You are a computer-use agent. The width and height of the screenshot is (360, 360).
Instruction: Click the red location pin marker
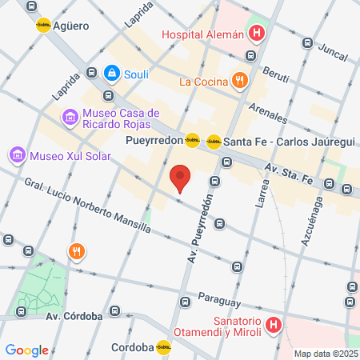tap(182, 178)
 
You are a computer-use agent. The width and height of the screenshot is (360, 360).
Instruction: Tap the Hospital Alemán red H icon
tap(257, 34)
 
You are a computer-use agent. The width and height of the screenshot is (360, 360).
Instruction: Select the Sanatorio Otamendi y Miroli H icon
tap(274, 325)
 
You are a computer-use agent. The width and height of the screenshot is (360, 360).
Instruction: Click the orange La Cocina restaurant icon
tap(239, 80)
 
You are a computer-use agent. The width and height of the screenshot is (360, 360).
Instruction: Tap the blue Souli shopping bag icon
tap(111, 73)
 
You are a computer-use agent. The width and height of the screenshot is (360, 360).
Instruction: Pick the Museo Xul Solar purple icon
tap(16, 153)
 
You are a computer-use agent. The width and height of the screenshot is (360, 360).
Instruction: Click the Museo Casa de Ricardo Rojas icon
tap(71, 118)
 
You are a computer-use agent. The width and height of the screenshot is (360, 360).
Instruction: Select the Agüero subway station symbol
tap(43, 25)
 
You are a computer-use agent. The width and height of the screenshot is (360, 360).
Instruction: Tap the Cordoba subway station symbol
tap(163, 347)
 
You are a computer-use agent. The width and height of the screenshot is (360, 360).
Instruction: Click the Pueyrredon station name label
tap(154, 141)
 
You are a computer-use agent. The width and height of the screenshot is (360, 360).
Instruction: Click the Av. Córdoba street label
tap(74, 315)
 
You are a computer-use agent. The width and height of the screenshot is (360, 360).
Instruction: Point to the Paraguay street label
tap(219, 298)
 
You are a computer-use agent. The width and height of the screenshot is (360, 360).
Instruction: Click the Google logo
tap(26, 350)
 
